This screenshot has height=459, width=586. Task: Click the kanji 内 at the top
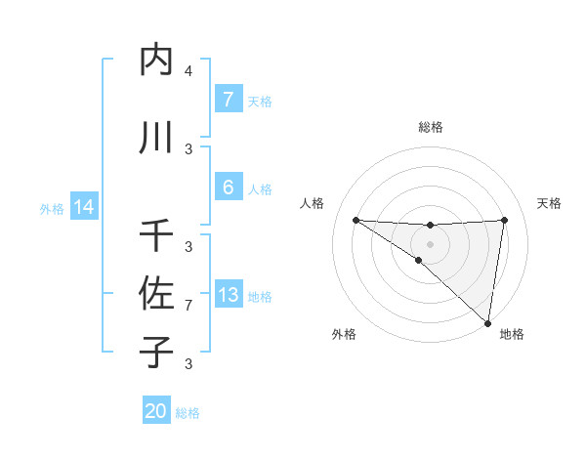pyautogui.click(x=156, y=61)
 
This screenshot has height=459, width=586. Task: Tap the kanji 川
pyautogui.click(x=156, y=137)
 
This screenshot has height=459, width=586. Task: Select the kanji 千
pyautogui.click(x=156, y=235)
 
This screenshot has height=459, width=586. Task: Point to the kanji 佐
pyautogui.click(x=156, y=293)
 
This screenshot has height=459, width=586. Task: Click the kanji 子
pyautogui.click(x=156, y=351)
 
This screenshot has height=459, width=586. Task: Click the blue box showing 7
pyautogui.click(x=228, y=100)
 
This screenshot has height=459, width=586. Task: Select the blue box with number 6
pyautogui.click(x=228, y=188)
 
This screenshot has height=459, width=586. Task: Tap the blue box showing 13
pyautogui.click(x=228, y=295)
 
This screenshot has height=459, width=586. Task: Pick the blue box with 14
pyautogui.click(x=83, y=207)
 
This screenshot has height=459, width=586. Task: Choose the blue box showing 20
pyautogui.click(x=156, y=411)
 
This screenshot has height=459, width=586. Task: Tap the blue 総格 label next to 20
pyautogui.click(x=188, y=413)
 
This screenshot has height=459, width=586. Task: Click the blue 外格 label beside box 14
pyautogui.click(x=51, y=208)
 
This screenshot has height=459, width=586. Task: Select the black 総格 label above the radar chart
pyautogui.click(x=430, y=127)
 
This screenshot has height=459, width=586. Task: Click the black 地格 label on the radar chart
pyautogui.click(x=512, y=335)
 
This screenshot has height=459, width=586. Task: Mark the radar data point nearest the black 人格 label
pyautogui.click(x=356, y=220)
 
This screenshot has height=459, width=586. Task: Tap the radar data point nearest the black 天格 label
pyautogui.click(x=505, y=220)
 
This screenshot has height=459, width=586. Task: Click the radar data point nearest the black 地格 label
pyautogui.click(x=487, y=322)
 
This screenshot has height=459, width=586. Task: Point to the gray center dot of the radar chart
pyautogui.click(x=430, y=243)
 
